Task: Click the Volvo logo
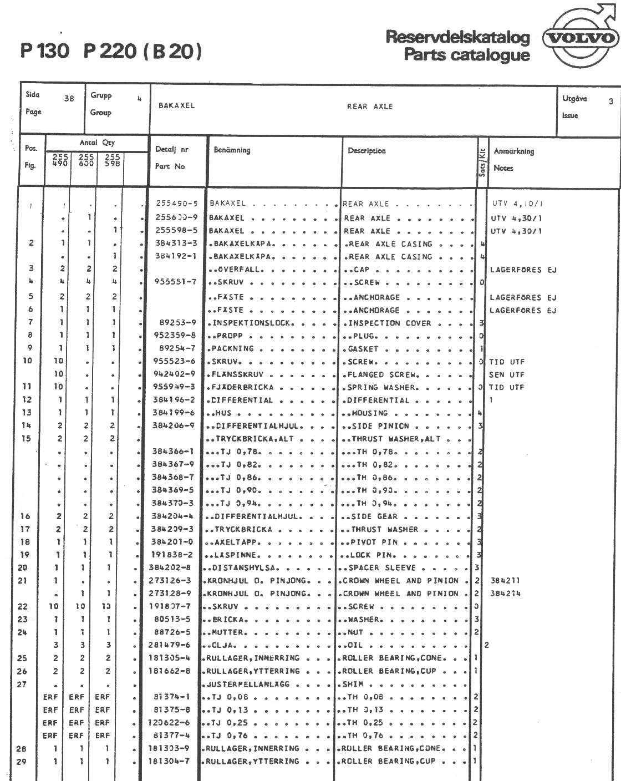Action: (580, 39)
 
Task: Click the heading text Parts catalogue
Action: (466, 55)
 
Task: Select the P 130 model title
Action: (45, 52)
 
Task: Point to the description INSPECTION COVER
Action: (388, 323)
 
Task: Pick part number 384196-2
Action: (173, 400)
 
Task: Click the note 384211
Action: (505, 581)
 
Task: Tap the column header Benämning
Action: (232, 150)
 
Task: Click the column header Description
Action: (367, 150)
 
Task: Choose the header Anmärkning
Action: (513, 151)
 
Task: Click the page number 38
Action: (69, 99)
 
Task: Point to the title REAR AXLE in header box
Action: (370, 106)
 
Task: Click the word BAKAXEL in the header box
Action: (177, 106)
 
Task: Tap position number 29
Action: (21, 762)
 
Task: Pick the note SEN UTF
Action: (506, 375)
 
